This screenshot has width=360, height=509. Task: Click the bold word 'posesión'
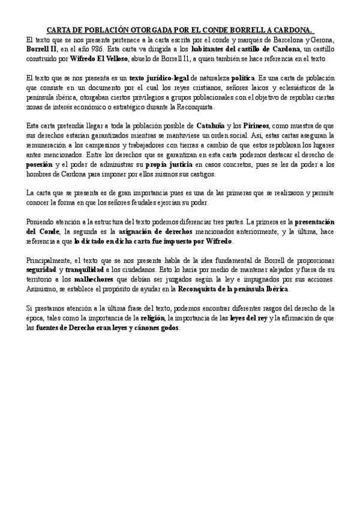click(44, 164)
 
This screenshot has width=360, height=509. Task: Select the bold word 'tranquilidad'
click(85, 270)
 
